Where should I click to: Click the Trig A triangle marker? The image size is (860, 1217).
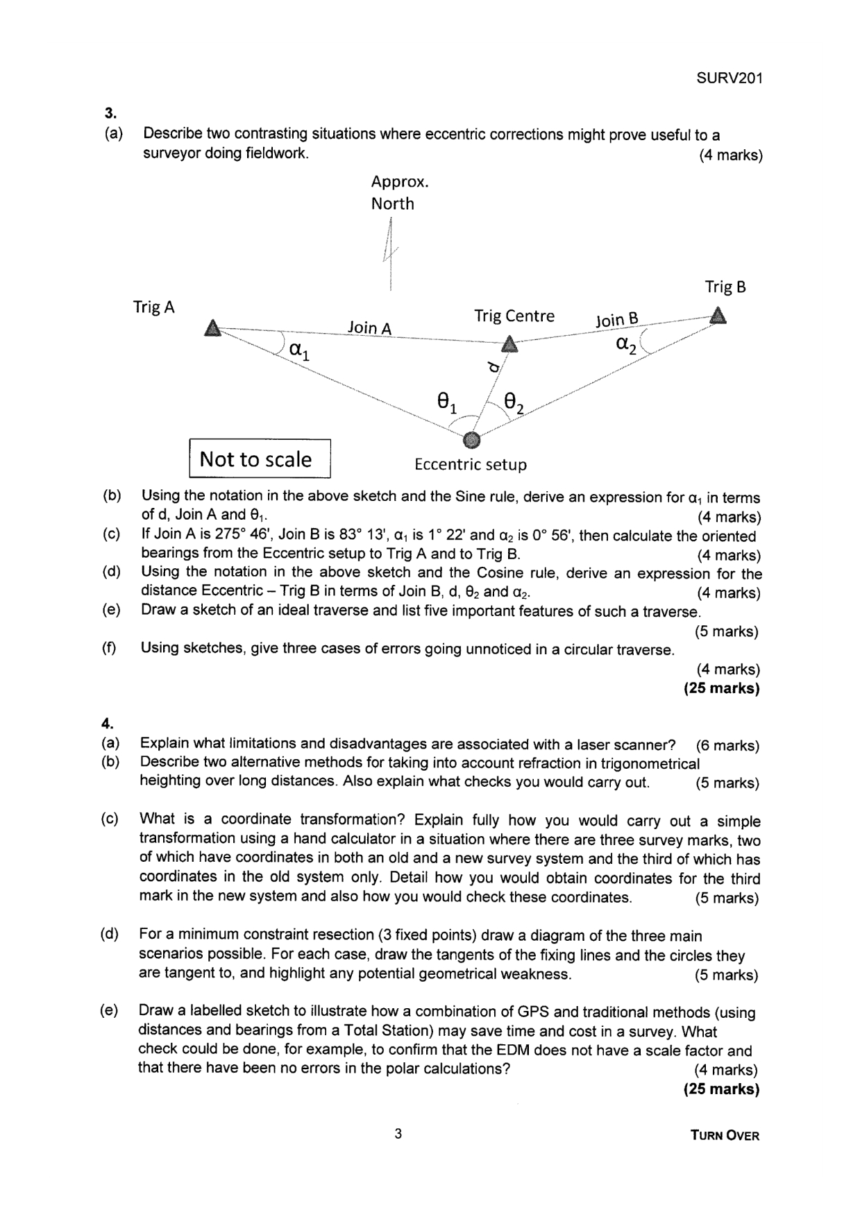tap(213, 327)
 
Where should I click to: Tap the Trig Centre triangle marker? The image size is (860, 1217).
tap(509, 343)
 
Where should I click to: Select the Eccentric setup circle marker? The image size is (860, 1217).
tap(471, 439)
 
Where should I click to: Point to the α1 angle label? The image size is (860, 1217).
tap(299, 350)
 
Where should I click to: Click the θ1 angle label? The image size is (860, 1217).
tap(446, 402)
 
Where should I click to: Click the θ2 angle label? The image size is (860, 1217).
tap(514, 402)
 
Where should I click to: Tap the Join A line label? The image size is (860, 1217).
tap(369, 327)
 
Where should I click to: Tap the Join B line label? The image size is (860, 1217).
tap(616, 320)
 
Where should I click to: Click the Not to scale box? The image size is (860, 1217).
tap(260, 459)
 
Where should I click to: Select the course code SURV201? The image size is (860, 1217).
tap(729, 78)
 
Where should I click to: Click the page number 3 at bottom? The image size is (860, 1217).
tap(398, 1134)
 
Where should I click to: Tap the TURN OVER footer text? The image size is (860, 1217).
tap(725, 1136)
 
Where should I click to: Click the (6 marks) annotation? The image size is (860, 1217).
tap(727, 745)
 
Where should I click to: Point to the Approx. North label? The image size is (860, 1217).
tap(399, 192)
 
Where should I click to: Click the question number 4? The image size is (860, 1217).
tap(108, 724)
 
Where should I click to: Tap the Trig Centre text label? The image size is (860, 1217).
tap(514, 316)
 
